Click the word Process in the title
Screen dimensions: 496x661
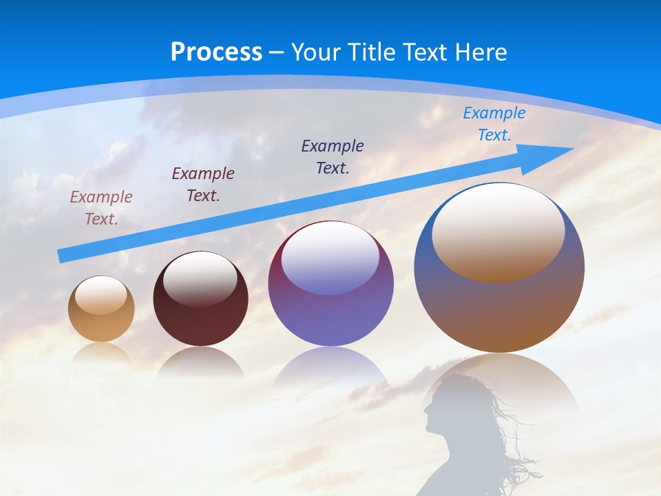(x=216, y=52)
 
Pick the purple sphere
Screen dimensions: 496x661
(x=330, y=317)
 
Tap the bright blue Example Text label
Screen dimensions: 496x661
(x=494, y=124)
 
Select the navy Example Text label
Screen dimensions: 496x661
(x=333, y=156)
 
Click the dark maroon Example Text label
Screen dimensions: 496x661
(x=203, y=184)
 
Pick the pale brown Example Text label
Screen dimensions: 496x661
(x=101, y=208)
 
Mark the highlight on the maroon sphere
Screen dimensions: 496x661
(x=200, y=277)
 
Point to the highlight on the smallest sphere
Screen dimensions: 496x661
(x=101, y=295)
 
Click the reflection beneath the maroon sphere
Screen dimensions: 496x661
(x=200, y=363)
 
